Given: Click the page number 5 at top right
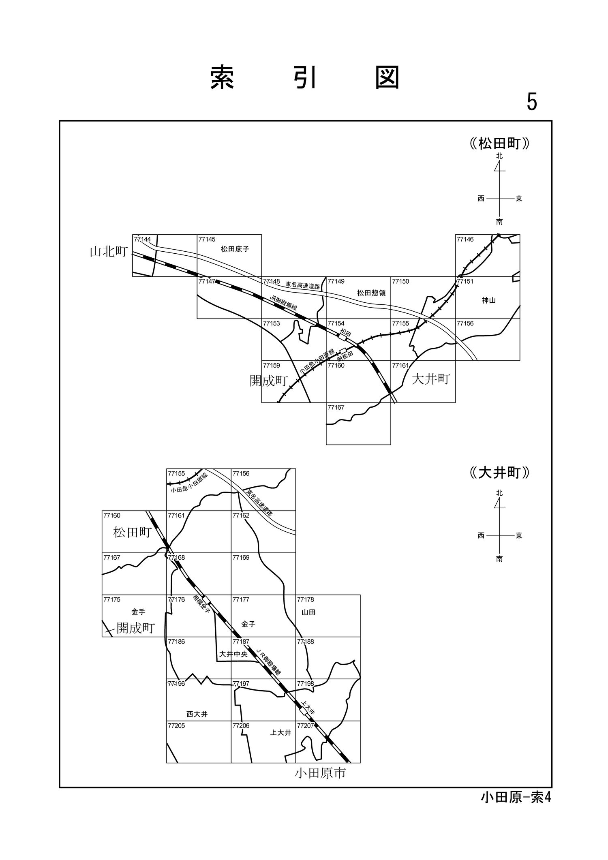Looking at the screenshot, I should click(x=531, y=102).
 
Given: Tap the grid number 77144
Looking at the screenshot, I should click(x=142, y=240).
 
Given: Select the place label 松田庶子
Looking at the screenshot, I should click(x=235, y=249).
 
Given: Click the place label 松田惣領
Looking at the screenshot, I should click(x=371, y=293).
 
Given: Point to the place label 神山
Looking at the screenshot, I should click(x=488, y=300).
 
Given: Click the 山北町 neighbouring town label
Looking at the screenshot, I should click(x=108, y=252).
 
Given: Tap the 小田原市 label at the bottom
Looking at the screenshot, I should click(x=320, y=773).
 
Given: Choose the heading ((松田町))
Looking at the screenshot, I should click(x=499, y=143).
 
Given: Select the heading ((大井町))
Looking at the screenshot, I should click(x=499, y=473).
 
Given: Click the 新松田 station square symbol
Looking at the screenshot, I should click(x=343, y=350).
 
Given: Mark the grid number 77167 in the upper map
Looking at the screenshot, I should click(x=336, y=407).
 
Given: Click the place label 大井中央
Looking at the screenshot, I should click(x=233, y=654).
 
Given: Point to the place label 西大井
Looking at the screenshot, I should click(x=197, y=714).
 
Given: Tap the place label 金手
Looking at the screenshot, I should click(x=138, y=612).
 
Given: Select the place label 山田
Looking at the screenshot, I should click(x=308, y=612).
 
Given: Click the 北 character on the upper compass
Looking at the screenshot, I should click(x=499, y=156).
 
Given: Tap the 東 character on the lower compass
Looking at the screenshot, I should click(x=519, y=536).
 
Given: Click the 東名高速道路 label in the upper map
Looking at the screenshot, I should click(x=302, y=285).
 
